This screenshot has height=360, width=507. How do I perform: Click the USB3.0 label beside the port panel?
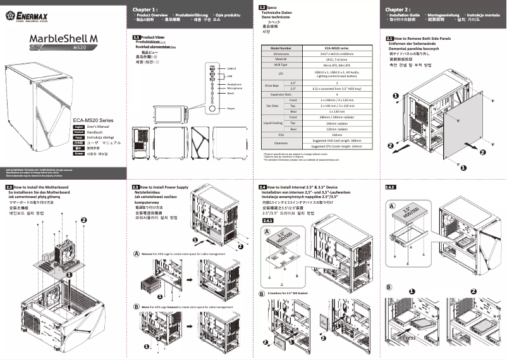coord(231,68)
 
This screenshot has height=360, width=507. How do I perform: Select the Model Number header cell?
coord(281,48)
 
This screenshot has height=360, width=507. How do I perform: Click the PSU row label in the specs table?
coord(281,135)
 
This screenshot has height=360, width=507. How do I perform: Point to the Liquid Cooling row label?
coord(272,123)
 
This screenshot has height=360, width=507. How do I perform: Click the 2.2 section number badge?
coord(9,188)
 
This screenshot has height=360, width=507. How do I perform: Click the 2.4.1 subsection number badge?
coord(267,220)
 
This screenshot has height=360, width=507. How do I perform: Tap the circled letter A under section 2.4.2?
coord(392,206)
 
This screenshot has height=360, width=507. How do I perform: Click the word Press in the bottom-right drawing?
coord(408,338)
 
